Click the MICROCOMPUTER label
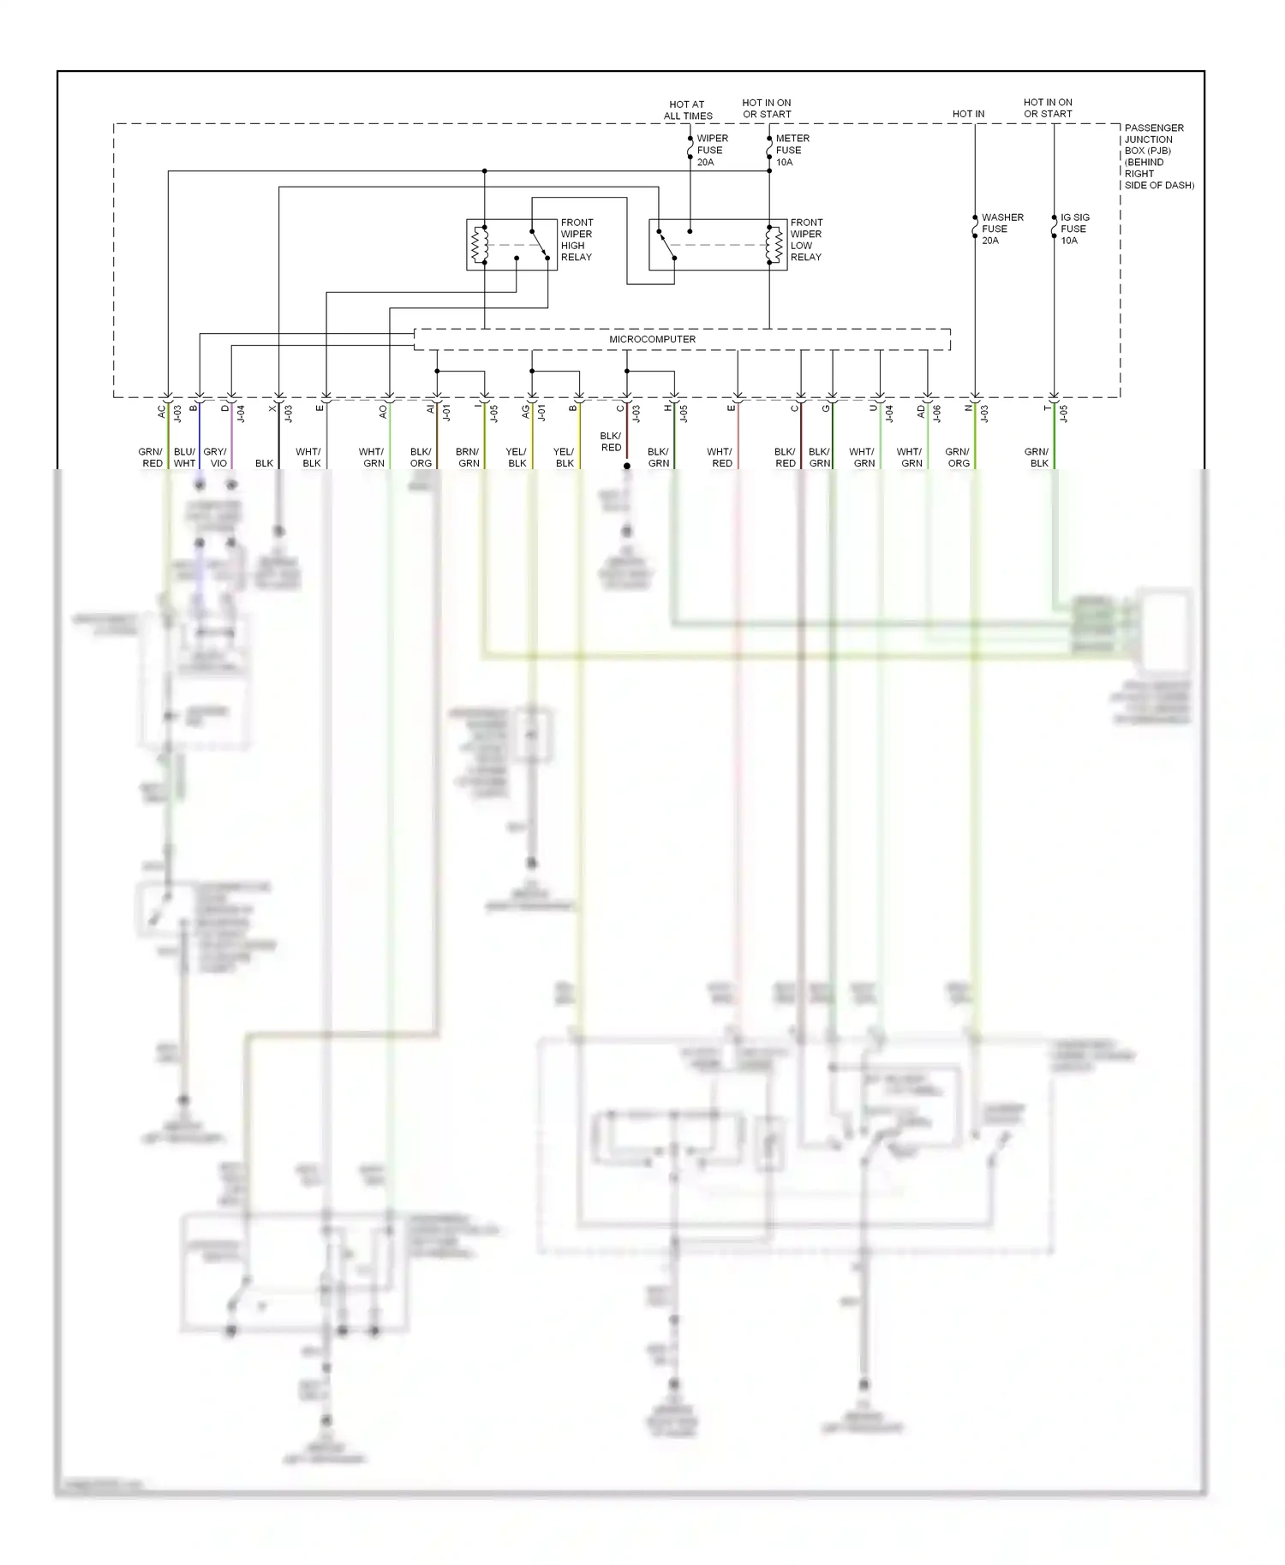coord(652,339)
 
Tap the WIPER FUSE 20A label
coord(712,150)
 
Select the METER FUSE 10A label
coord(792,150)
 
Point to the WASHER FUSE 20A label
coord(1001,229)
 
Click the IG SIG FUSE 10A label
coord(1074,229)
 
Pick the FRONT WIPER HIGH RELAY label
coord(577,240)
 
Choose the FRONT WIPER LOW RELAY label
coord(806,240)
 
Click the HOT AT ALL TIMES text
coord(687,110)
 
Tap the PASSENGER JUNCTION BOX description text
coord(1157,156)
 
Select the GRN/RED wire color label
coord(151,457)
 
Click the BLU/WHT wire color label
coord(184,457)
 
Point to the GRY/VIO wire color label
coord(216,457)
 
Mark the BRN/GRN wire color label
coord(468,457)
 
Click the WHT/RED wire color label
coord(720,457)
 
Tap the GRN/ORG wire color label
coord(958,457)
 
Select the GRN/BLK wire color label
coord(1037,457)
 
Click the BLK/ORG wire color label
coord(421,457)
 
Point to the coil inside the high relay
coord(480,245)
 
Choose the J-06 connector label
coord(937,414)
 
